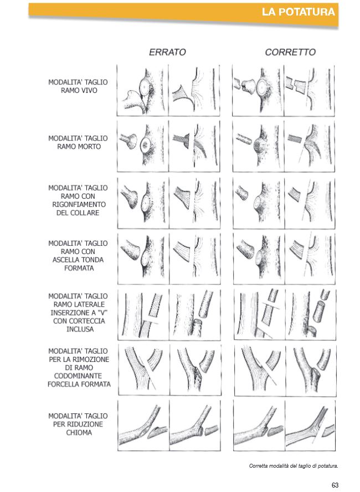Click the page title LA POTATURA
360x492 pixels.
298,12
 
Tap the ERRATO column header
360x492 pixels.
167,52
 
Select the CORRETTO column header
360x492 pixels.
290,52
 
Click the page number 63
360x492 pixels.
335,485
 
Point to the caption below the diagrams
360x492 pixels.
294,466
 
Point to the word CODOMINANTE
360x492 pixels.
78,376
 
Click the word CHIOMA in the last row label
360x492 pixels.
79,433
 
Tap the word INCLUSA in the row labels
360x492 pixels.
80,329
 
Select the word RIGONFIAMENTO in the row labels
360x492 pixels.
79,205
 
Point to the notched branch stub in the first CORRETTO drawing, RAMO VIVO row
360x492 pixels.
245,86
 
